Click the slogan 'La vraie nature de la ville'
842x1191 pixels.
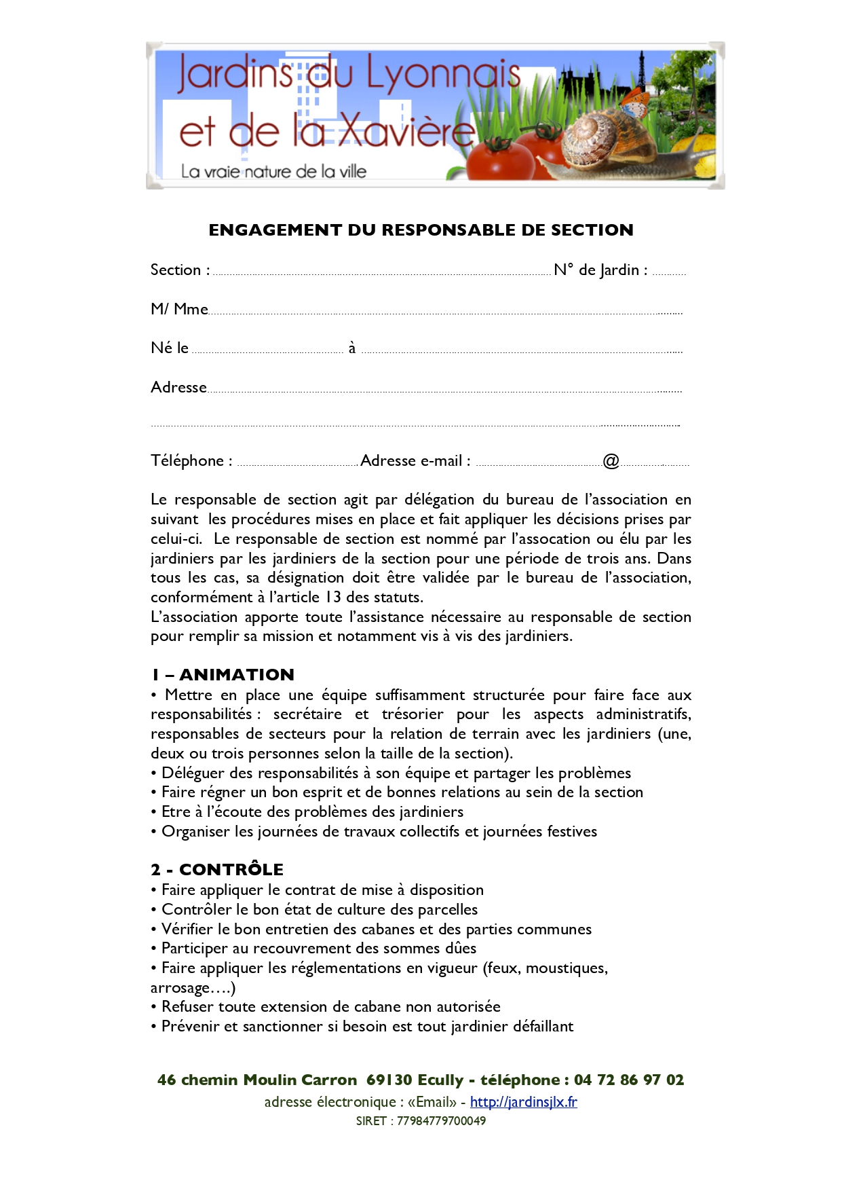pyautogui.click(x=273, y=171)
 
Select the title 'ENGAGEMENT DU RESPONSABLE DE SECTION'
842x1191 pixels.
pyautogui.click(x=421, y=230)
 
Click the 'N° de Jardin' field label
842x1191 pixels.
pyautogui.click(x=600, y=270)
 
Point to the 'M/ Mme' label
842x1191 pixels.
pyautogui.click(x=179, y=309)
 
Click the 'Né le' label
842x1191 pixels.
pyautogui.click(x=170, y=348)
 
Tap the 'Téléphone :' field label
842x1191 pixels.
pyautogui.click(x=191, y=460)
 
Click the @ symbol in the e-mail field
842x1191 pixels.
pyautogui.click(x=611, y=461)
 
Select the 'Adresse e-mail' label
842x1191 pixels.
pyautogui.click(x=415, y=460)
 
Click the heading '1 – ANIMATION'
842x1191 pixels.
pyautogui.click(x=223, y=674)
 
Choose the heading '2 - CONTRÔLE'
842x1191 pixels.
pyautogui.click(x=217, y=869)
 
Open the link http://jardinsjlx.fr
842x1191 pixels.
pyautogui.click(x=523, y=1101)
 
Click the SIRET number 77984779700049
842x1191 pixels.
pyautogui.click(x=441, y=1120)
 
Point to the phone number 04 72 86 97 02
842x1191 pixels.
pyautogui.click(x=628, y=1080)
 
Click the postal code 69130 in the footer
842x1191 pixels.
pyautogui.click(x=389, y=1080)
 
